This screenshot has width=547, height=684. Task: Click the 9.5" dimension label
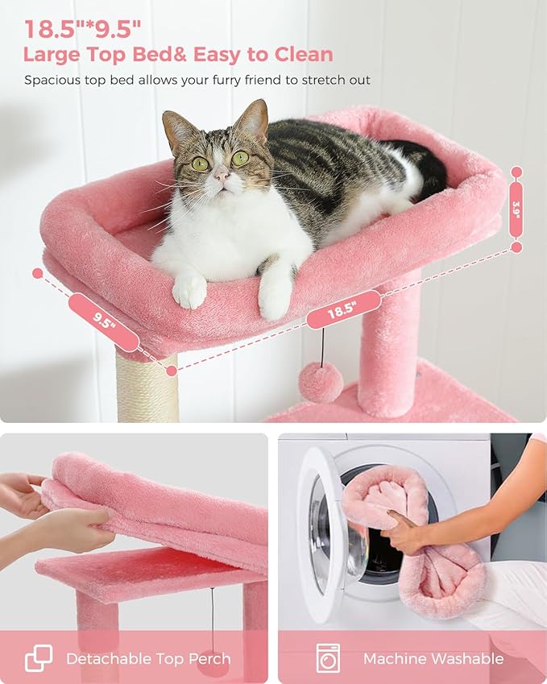click(x=104, y=321)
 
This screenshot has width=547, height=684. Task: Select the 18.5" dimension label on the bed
click(x=343, y=309)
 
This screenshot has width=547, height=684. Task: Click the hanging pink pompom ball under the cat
click(x=321, y=381)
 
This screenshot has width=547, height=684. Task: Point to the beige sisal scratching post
click(x=146, y=391)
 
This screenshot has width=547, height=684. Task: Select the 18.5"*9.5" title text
click(x=83, y=29)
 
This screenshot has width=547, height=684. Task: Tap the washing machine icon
click(x=328, y=657)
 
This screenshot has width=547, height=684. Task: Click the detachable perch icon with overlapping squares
click(x=39, y=657)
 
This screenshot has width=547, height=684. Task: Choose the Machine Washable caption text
click(x=433, y=658)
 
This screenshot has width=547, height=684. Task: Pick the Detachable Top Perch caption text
click(x=148, y=658)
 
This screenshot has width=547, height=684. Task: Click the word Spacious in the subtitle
click(x=53, y=80)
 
